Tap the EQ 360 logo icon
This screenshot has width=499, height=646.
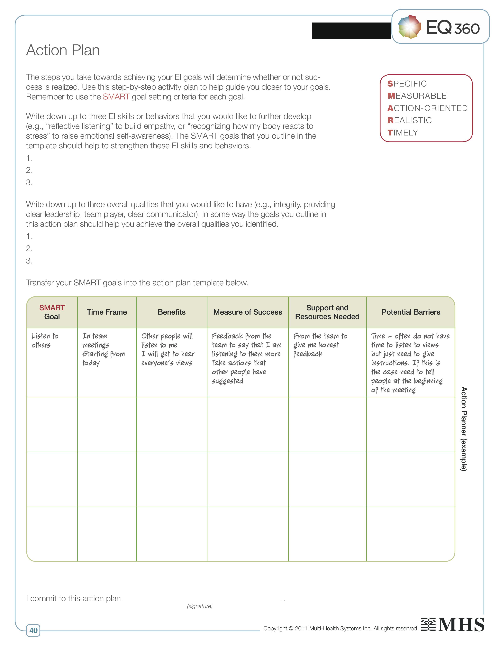409,27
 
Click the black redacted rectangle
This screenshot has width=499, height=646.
351,31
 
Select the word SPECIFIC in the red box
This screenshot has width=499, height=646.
407,84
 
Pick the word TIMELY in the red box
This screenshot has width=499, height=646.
403,133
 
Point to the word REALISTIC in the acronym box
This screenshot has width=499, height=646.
409,120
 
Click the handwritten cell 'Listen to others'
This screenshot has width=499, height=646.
45,340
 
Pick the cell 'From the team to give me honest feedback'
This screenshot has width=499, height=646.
320,345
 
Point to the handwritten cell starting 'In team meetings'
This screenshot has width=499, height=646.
104,349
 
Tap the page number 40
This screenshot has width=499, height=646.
33,630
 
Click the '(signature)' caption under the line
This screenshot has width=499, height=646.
200,606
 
